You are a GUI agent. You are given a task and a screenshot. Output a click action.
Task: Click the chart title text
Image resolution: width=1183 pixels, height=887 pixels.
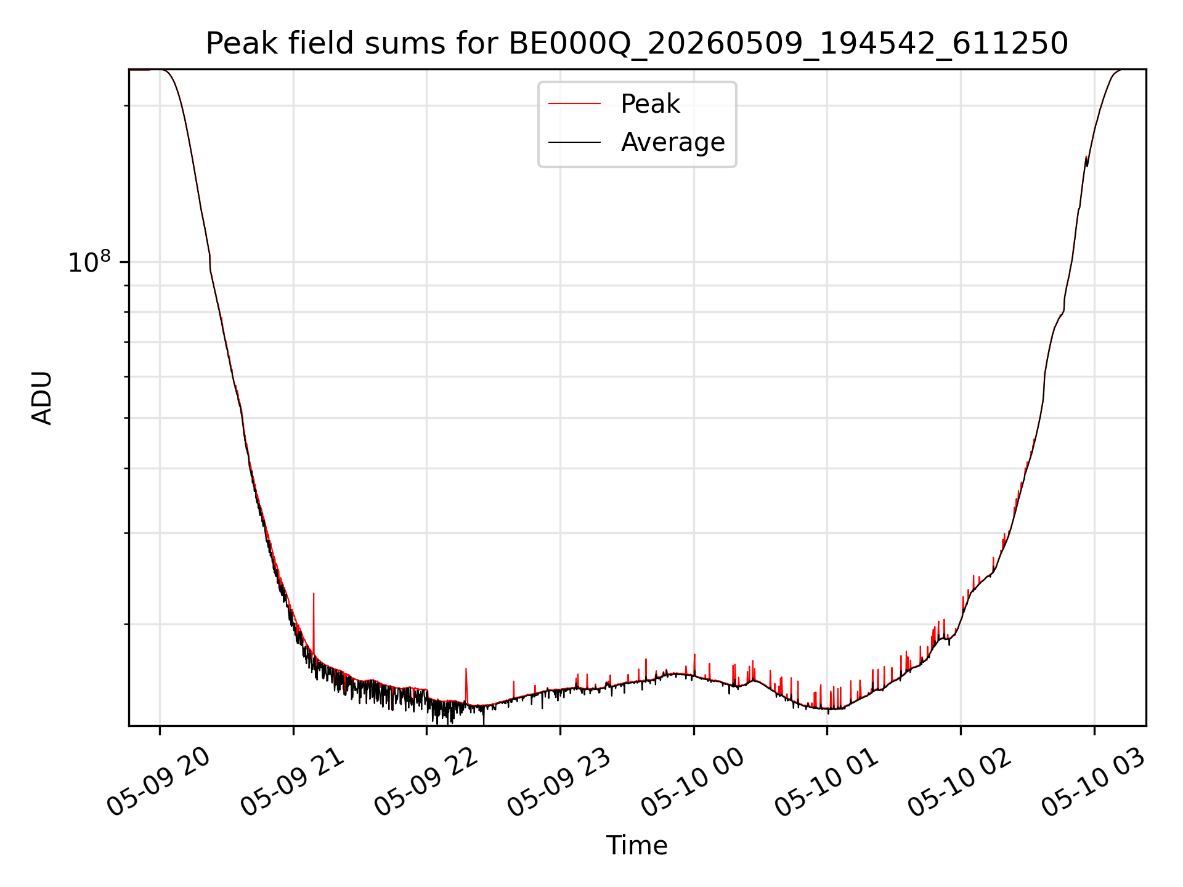coord(636,44)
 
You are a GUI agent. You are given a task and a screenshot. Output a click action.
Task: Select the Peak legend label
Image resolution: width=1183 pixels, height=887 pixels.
coord(650,104)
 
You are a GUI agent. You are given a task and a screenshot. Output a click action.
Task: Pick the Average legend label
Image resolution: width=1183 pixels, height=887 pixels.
coord(673,142)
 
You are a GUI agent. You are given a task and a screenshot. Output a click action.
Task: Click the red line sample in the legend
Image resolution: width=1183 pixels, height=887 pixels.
coord(574,103)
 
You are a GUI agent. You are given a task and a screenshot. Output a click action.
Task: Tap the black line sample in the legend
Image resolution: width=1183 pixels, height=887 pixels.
coord(574,142)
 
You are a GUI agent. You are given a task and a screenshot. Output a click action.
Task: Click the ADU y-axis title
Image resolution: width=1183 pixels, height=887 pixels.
coord(42,398)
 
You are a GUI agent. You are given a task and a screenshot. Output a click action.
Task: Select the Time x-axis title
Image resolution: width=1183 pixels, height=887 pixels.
coord(636,846)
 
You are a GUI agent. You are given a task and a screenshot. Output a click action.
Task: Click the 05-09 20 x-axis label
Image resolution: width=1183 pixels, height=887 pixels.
coord(159,782)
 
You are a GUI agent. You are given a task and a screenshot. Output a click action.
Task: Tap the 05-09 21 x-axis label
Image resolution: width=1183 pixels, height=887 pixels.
coord(293,782)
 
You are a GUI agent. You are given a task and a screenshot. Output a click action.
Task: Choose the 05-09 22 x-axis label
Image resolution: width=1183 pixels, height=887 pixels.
coord(426,782)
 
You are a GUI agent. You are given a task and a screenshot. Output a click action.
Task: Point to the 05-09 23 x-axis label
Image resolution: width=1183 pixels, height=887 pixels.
coord(559,782)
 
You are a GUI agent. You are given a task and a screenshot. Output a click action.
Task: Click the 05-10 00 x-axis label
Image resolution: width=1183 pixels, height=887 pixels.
coord(693,782)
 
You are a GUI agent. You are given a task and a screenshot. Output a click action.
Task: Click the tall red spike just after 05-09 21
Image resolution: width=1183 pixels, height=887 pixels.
coord(314,622)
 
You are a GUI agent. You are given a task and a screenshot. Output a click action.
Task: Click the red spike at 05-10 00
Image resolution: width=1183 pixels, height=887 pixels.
coord(694,664)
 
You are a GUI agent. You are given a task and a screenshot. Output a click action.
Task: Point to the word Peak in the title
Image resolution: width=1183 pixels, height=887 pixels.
coord(234,44)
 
